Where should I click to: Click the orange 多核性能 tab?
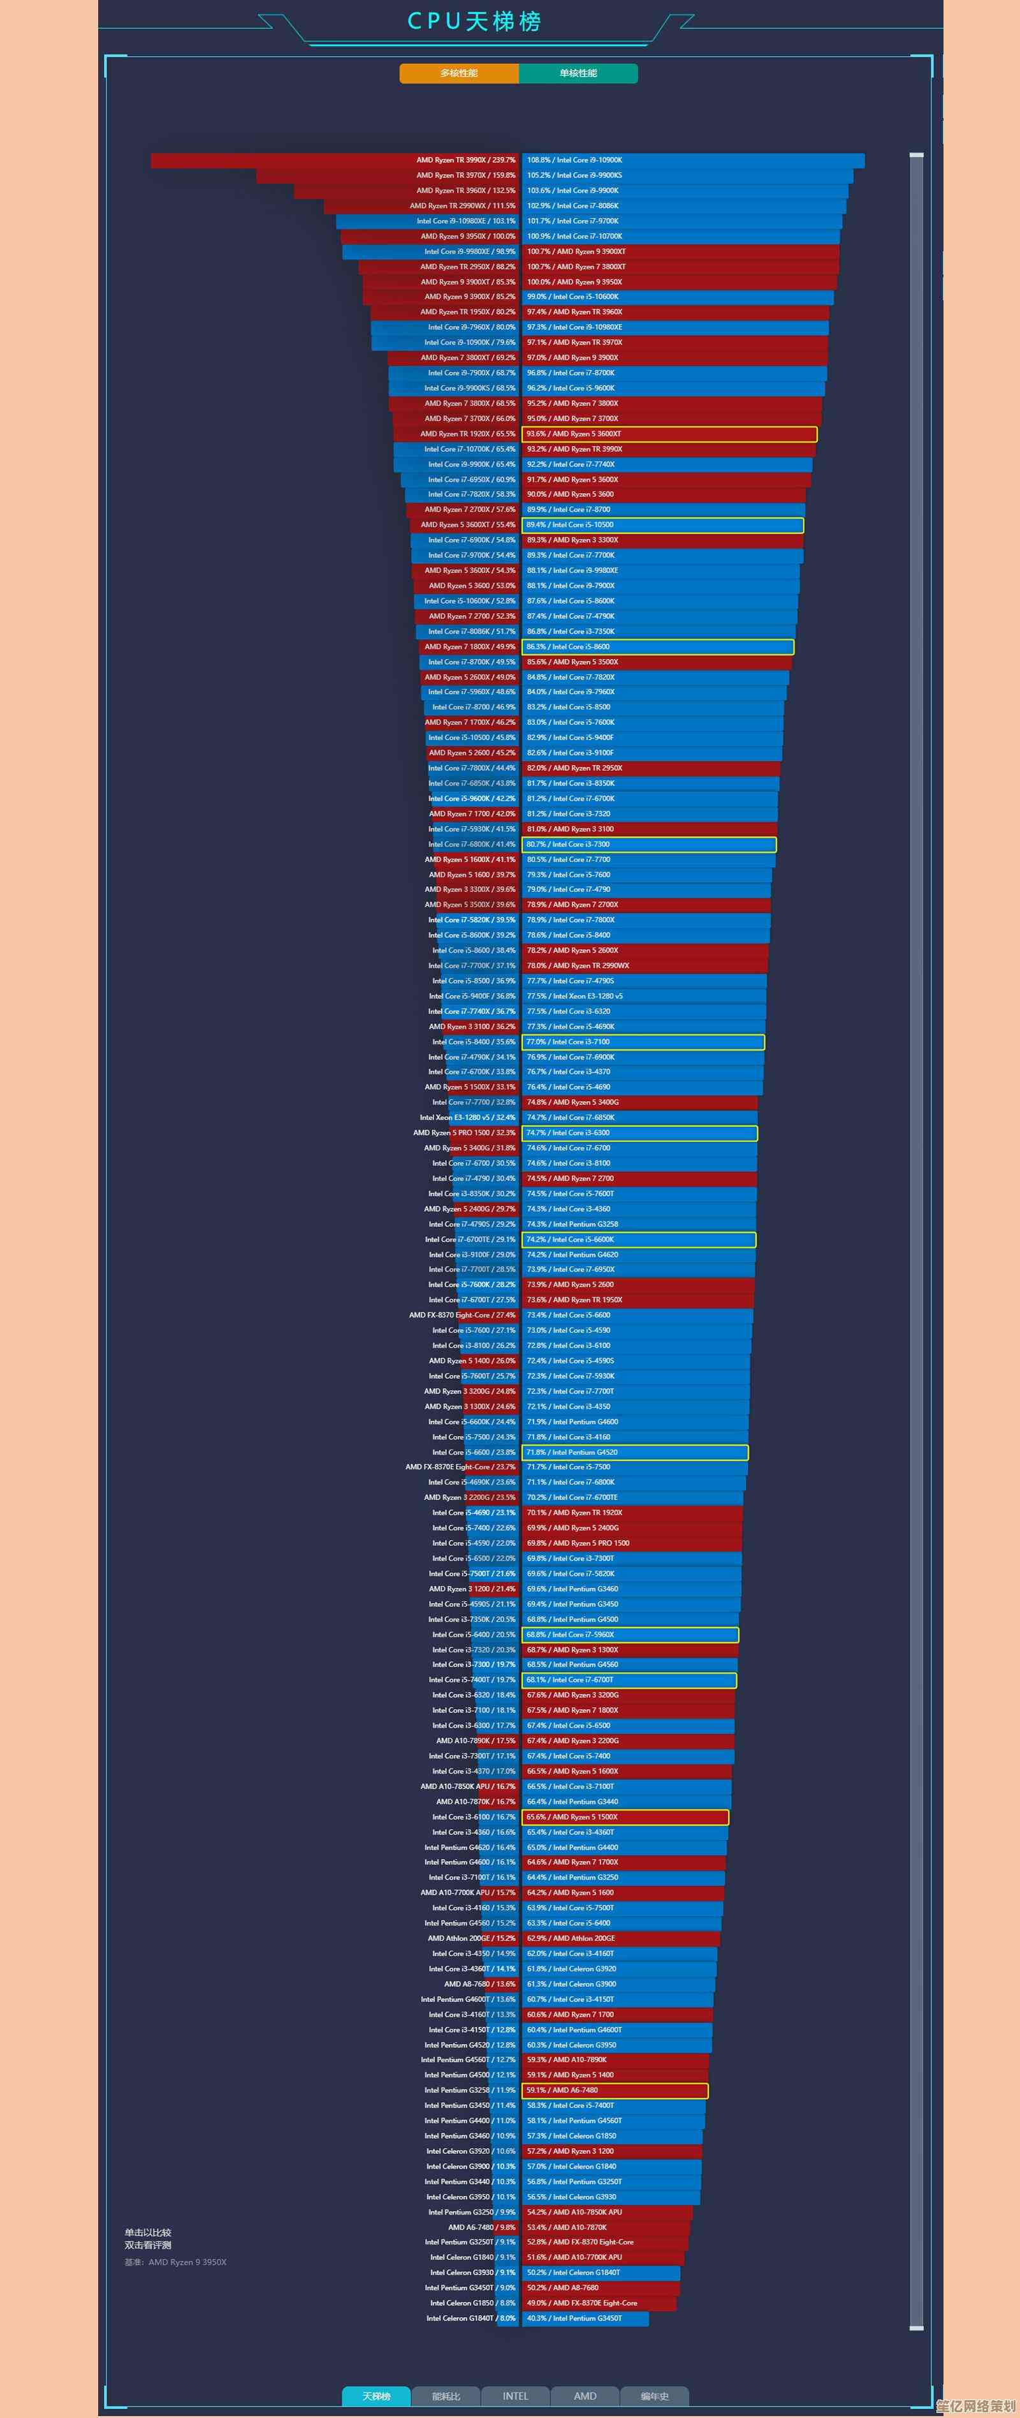click(459, 73)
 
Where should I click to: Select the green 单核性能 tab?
click(578, 73)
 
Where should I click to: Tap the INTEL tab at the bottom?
click(515, 2396)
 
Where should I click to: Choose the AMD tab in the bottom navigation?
click(585, 2396)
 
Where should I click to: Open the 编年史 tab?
click(654, 2396)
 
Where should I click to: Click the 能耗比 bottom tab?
click(446, 2396)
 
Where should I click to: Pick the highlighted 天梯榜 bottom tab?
click(376, 2396)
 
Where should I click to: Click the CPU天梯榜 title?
click(474, 22)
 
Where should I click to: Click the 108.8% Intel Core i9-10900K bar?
click(692, 161)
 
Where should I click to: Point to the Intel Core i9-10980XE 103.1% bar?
click(428, 221)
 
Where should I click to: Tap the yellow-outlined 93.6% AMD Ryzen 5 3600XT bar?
click(669, 434)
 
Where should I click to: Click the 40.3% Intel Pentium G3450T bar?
click(585, 2318)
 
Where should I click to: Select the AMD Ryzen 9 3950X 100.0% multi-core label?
click(467, 237)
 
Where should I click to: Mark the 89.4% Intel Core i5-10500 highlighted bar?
click(662, 524)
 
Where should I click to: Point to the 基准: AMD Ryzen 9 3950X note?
click(175, 2262)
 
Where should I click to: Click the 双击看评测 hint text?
click(149, 2245)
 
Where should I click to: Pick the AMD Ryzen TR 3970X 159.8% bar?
click(386, 175)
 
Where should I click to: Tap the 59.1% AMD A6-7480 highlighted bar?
click(615, 2091)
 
